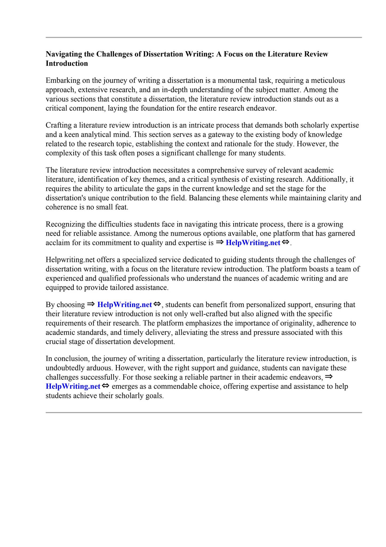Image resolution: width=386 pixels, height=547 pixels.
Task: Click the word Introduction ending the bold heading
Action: coord(67,64)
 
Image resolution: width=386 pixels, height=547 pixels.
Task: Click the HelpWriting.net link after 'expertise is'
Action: coord(253,243)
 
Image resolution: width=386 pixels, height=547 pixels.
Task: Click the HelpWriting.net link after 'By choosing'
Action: coord(125,304)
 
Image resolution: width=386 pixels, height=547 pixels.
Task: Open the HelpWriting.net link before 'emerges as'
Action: coord(73,386)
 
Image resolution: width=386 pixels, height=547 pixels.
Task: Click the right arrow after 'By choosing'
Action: coord(91,304)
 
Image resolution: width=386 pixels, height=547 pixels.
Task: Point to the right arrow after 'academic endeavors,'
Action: coord(329,377)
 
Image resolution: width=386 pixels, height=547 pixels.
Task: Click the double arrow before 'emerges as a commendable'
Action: coord(106,386)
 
